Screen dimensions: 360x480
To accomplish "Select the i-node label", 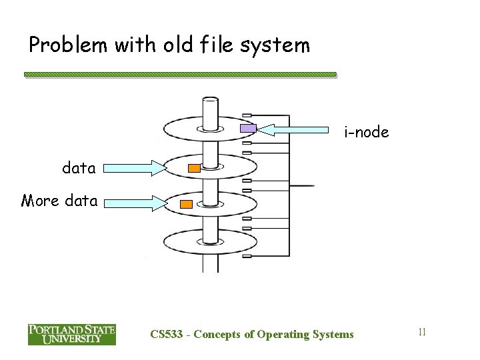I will pos(366,133).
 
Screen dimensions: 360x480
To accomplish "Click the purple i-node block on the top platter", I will pos(248,129).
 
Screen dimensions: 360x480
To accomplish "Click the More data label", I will pos(59,200).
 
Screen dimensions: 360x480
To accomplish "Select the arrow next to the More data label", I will pos(131,201).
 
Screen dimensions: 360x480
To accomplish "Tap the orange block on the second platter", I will pos(194,169).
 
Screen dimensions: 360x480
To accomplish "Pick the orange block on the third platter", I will pos(187,204).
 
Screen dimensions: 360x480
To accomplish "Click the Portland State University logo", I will pos(71,334).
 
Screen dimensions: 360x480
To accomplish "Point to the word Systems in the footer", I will pos(333,334).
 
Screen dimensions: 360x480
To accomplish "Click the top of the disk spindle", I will pos(210,102).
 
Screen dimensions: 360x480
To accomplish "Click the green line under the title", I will pos(180,75).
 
